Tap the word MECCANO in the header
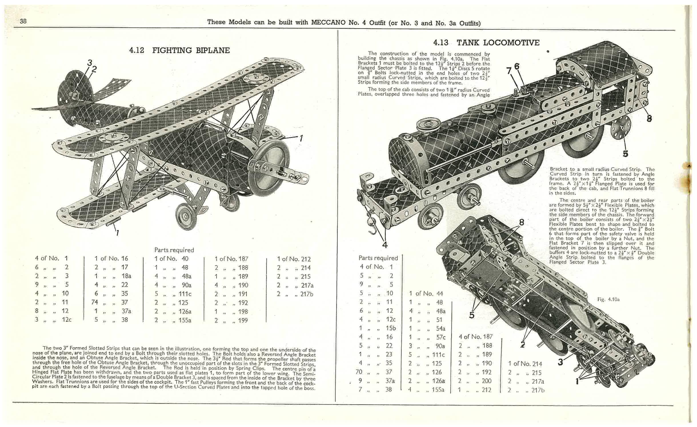coord(328,22)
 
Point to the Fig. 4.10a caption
coord(608,299)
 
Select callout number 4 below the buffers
coord(384,245)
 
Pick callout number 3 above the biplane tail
coord(90,62)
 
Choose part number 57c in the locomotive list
coord(441,337)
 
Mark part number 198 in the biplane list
coord(243,311)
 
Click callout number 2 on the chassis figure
coord(522,345)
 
